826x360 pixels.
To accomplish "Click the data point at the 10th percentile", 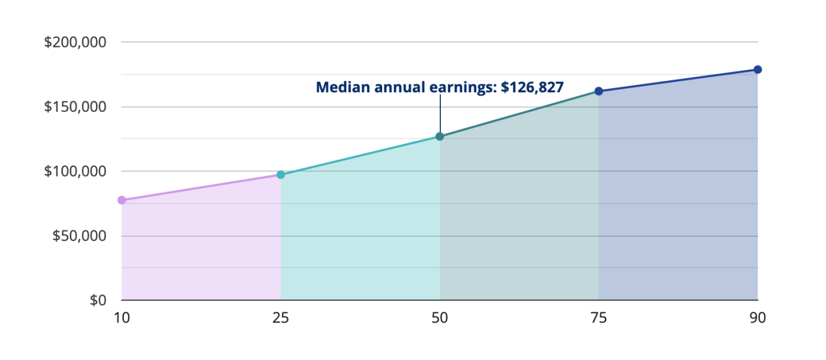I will point(121,200).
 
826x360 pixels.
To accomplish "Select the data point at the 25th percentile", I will point(281,175).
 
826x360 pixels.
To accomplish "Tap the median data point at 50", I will point(440,137).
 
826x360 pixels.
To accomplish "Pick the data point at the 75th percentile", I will point(599,91).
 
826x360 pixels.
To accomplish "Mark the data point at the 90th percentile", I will point(757,69).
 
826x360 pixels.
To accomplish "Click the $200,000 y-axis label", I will point(75,42).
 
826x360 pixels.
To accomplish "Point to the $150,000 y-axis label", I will point(75,107).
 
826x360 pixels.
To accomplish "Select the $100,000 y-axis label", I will point(75,171).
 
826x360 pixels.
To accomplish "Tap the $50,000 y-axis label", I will point(79,236).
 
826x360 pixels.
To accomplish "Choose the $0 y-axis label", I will point(98,300).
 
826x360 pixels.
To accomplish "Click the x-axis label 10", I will point(121,318).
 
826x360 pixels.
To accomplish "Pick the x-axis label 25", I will point(281,318).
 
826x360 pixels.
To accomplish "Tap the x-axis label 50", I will point(440,318).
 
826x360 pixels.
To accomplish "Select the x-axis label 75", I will point(599,318).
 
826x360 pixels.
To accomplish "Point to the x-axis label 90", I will point(757,318).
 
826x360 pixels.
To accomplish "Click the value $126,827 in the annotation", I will point(533,87).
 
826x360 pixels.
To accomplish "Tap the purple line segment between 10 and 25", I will point(201,187).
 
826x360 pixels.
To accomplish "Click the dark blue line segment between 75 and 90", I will point(678,80).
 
